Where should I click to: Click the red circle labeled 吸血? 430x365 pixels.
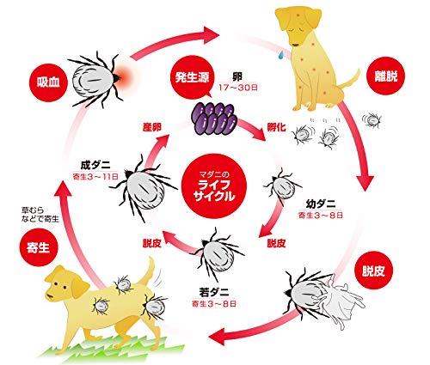(x=48, y=82)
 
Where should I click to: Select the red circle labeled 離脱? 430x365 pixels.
(x=386, y=76)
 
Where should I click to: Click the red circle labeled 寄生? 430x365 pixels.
(x=39, y=246)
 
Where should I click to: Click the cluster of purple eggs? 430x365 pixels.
(x=213, y=119)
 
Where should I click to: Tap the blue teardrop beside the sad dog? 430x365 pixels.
(x=281, y=54)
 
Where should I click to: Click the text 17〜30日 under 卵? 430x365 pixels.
(x=238, y=88)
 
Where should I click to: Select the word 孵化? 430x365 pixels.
(x=276, y=127)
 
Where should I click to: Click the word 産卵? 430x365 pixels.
(x=152, y=127)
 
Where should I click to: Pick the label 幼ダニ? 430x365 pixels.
(x=321, y=204)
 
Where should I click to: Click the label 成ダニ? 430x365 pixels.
(x=95, y=165)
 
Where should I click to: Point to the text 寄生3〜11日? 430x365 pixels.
(x=95, y=176)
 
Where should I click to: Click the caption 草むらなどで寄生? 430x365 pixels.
(x=40, y=215)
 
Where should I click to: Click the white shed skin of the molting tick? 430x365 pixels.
(x=343, y=301)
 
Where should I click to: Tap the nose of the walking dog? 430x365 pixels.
(x=48, y=296)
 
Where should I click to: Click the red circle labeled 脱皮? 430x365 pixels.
(x=373, y=271)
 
